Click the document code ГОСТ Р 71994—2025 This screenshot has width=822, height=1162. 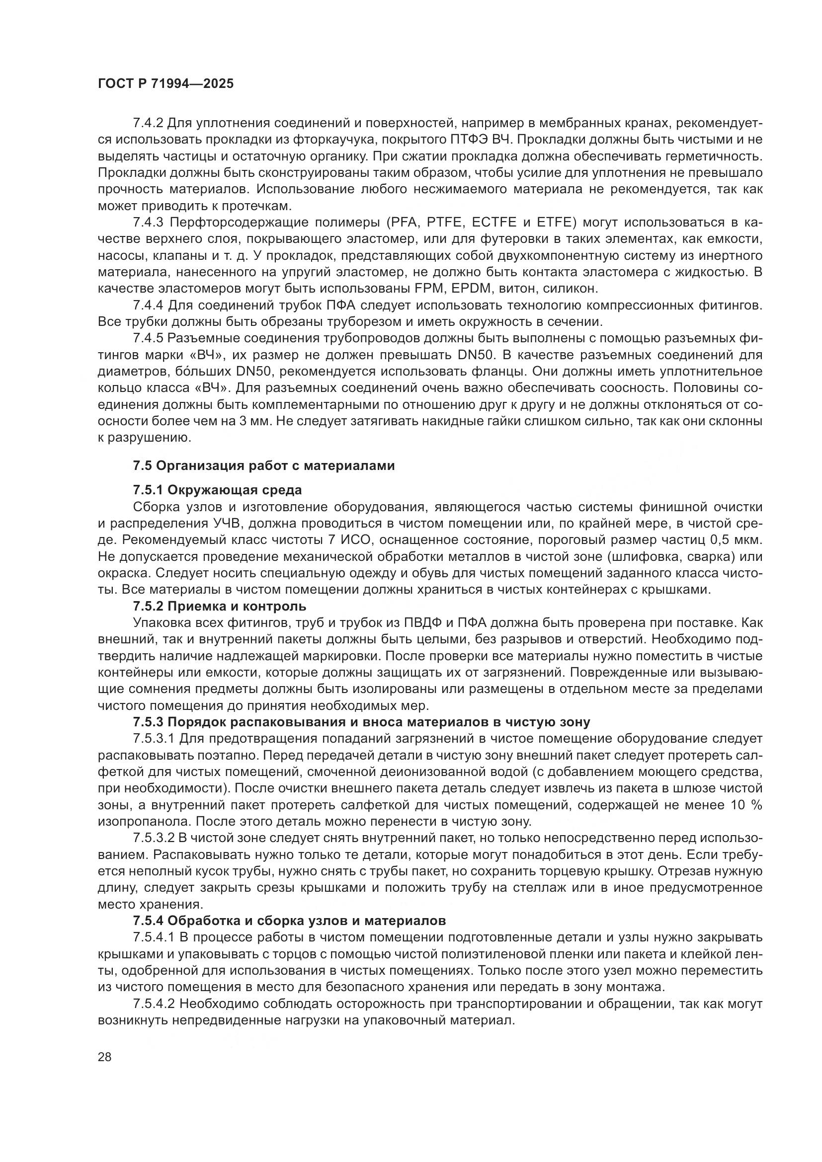point(165,84)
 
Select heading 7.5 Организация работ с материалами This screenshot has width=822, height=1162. point(264,465)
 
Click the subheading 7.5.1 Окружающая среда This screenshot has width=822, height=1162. point(217,490)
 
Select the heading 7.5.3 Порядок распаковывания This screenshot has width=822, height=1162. point(361,722)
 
